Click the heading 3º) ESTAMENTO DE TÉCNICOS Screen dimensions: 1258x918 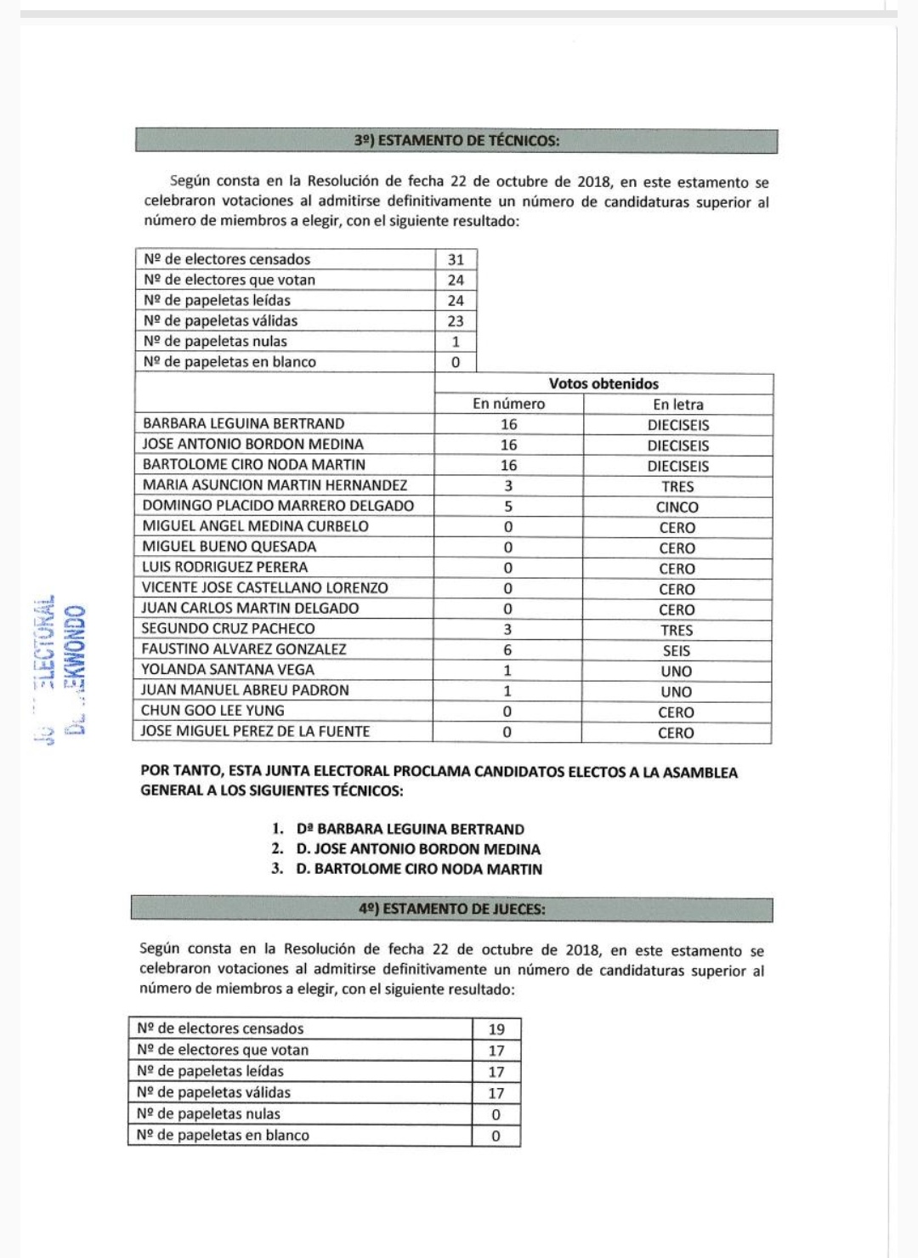456,141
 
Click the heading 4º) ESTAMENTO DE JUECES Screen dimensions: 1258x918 452,909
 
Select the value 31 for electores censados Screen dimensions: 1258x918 456,259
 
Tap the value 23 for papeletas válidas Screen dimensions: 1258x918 456,320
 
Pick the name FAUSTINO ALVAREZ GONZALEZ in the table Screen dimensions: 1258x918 244,649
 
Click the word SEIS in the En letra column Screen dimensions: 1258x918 677,650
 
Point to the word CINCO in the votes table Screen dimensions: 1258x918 677,507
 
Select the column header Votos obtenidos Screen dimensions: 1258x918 603,383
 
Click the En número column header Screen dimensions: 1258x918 508,404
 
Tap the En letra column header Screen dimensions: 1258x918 677,405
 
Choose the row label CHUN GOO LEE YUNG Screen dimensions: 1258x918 212,710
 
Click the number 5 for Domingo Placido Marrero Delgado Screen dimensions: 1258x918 508,506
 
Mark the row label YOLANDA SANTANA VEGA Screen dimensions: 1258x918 228,669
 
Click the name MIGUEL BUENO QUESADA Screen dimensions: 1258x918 229,547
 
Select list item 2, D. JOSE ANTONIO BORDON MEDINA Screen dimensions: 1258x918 418,848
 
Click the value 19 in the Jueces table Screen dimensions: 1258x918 496,1028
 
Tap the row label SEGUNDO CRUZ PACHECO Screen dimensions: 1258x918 228,628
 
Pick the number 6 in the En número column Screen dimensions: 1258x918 507,649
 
